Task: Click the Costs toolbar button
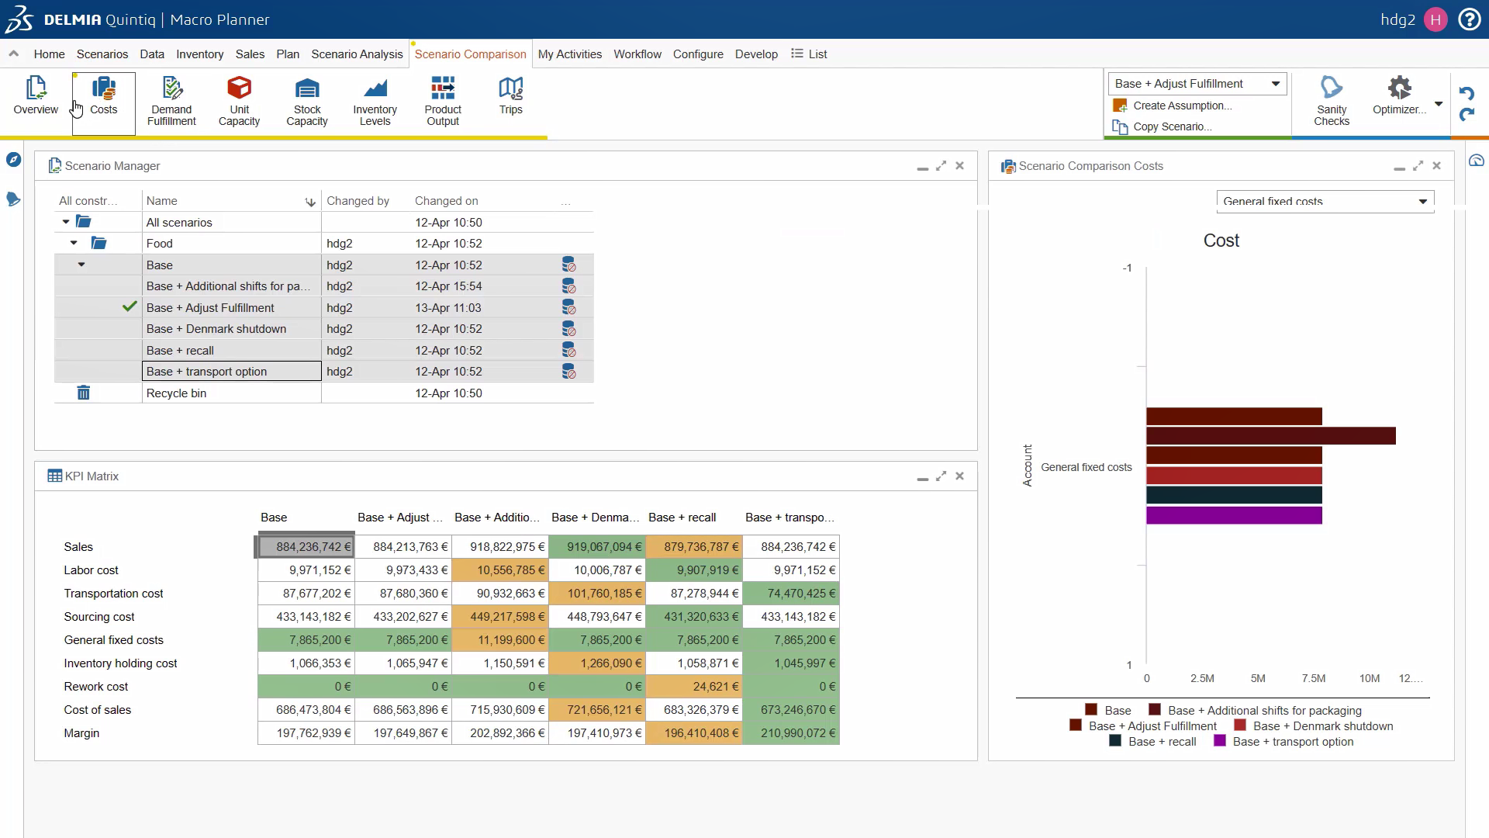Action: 103,96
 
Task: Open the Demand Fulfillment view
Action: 171,101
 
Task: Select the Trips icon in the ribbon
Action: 510,96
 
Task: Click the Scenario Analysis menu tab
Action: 357,54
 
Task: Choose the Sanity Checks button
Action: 1332,101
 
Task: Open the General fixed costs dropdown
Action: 1325,201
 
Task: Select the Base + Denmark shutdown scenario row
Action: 216,329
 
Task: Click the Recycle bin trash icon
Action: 84,393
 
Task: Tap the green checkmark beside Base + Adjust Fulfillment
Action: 130,306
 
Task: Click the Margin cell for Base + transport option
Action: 791,733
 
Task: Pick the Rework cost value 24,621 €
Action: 694,687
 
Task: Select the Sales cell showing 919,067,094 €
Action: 597,547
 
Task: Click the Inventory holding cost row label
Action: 120,663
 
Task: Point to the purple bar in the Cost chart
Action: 1234,515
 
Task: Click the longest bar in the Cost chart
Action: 1271,436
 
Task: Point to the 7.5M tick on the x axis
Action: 1314,678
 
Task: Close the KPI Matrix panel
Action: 960,476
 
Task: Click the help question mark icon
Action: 1470,19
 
